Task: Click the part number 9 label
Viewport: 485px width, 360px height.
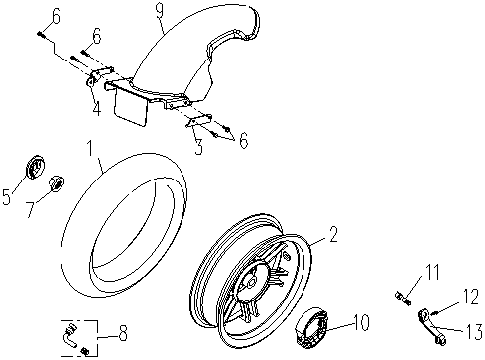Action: click(x=160, y=10)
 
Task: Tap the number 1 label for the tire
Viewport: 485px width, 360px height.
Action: click(x=90, y=148)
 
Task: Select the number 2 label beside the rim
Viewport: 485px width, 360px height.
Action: click(x=333, y=234)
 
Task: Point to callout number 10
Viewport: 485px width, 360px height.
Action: click(x=360, y=321)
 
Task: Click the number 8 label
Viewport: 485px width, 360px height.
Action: click(x=122, y=333)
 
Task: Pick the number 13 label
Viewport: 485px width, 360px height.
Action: click(x=473, y=331)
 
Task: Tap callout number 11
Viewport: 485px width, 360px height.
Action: click(x=431, y=272)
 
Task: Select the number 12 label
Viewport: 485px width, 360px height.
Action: click(x=470, y=297)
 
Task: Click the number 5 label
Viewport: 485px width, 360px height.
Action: click(x=7, y=196)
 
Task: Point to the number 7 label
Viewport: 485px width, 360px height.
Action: click(x=31, y=209)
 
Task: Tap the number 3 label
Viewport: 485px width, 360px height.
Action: click(x=198, y=146)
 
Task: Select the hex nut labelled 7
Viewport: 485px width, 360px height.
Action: click(x=57, y=183)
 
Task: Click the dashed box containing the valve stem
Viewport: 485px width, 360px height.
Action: click(x=79, y=338)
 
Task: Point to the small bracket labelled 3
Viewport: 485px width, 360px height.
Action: click(x=199, y=121)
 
